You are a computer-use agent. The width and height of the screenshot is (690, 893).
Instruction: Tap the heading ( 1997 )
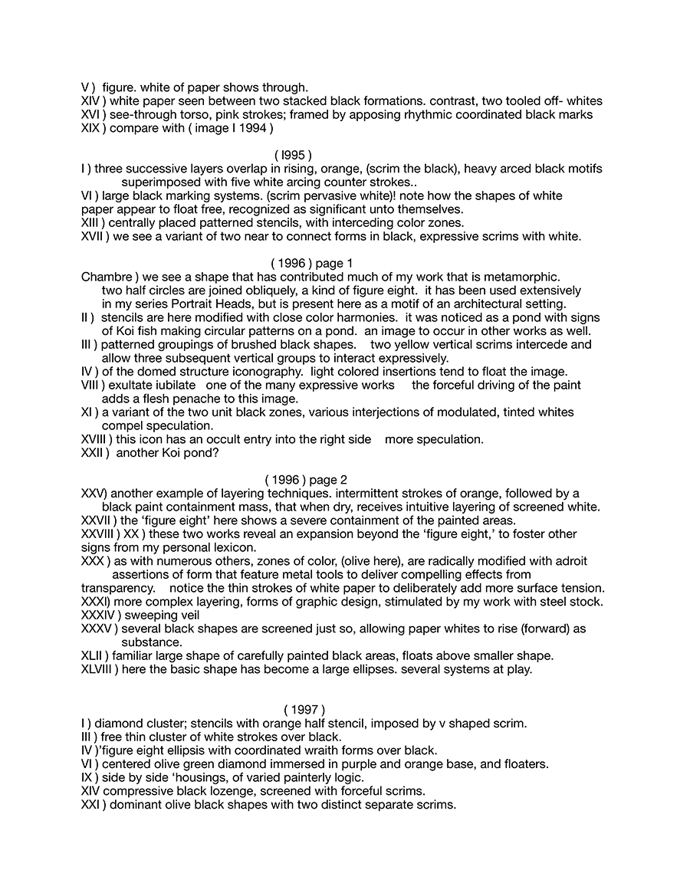point(304,710)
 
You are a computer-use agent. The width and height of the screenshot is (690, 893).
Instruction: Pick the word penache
point(233,399)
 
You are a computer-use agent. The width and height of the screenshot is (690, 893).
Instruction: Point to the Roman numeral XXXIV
point(97,615)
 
